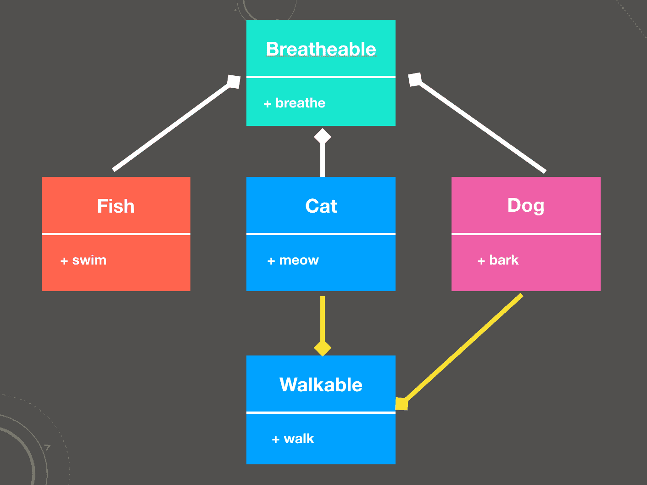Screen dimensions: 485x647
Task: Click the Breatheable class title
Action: pos(321,49)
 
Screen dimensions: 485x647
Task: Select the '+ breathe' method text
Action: pos(295,103)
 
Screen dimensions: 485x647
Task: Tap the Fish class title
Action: pos(116,206)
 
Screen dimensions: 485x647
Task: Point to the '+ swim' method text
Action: pos(84,260)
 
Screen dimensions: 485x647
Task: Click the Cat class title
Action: pos(321,206)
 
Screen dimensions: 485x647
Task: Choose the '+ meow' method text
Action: pos(293,260)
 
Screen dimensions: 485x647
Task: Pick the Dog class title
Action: pos(526,205)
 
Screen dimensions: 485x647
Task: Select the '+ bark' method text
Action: pos(498,260)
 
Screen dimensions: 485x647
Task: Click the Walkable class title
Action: pos(321,385)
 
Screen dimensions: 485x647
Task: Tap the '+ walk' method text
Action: pos(293,439)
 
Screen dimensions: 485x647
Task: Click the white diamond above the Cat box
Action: pos(323,136)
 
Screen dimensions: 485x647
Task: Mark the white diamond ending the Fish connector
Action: pos(234,82)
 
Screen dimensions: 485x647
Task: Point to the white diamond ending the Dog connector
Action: pos(415,79)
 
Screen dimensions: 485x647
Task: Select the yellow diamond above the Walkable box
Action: pos(323,348)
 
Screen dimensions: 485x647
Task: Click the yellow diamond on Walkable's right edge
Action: pos(402,404)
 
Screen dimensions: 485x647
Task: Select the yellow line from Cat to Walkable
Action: pos(323,319)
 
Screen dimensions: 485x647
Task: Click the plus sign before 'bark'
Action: pos(481,261)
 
